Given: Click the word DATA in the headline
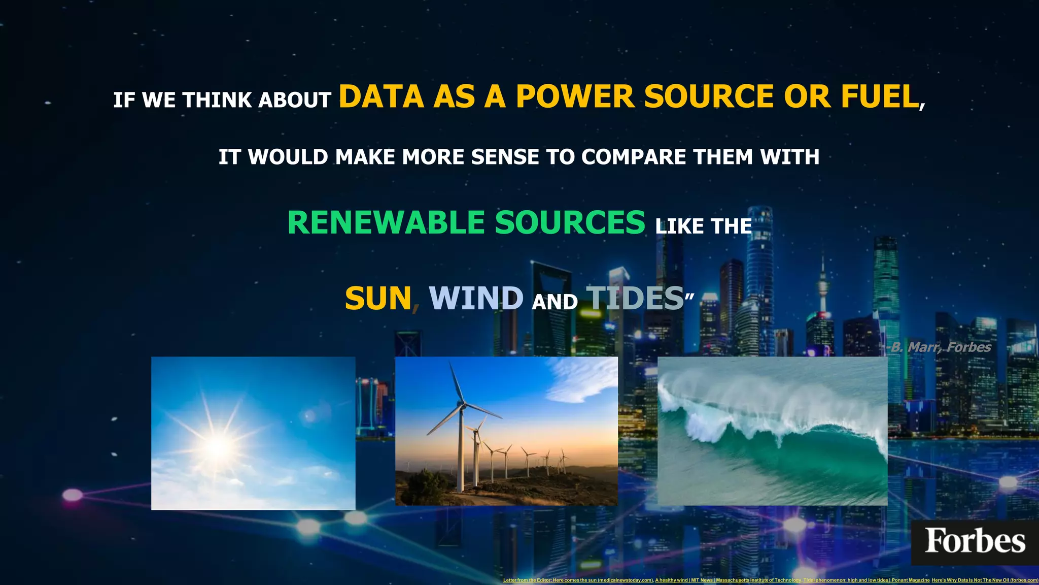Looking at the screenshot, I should point(381,96).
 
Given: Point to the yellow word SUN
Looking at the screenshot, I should point(378,298).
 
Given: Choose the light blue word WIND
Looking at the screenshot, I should point(476,298).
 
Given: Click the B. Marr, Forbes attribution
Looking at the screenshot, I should point(941,347).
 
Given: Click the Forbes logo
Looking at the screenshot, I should point(975,541).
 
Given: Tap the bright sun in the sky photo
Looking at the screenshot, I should point(218,446).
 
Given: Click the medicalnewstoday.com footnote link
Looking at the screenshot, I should point(578,580).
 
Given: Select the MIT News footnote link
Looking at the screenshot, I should point(728,580).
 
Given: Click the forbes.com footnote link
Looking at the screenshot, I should point(985,580).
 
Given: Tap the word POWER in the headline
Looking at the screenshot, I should point(575,96).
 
